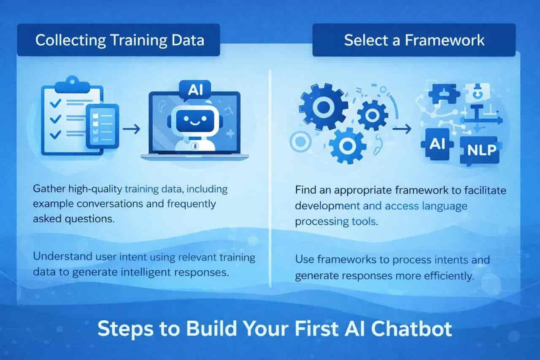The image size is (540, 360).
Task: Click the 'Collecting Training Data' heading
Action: [120, 40]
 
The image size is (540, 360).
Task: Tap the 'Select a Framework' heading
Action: [414, 40]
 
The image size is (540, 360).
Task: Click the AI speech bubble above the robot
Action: [195, 90]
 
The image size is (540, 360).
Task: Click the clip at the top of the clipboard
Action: [72, 85]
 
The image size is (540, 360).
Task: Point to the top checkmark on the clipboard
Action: [55, 103]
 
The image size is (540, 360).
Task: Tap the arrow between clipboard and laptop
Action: [131, 129]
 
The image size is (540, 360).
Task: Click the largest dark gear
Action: [324, 107]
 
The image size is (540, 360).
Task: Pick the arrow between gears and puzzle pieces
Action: [402, 129]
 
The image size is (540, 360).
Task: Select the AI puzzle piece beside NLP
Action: [437, 144]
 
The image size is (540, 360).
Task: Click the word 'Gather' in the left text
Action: [49, 189]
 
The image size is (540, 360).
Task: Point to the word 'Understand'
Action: [62, 256]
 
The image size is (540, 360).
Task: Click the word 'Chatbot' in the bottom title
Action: [411, 329]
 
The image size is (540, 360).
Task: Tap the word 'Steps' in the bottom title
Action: [125, 330]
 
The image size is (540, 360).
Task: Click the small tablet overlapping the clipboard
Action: [103, 126]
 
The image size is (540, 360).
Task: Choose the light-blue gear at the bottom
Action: [347, 146]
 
